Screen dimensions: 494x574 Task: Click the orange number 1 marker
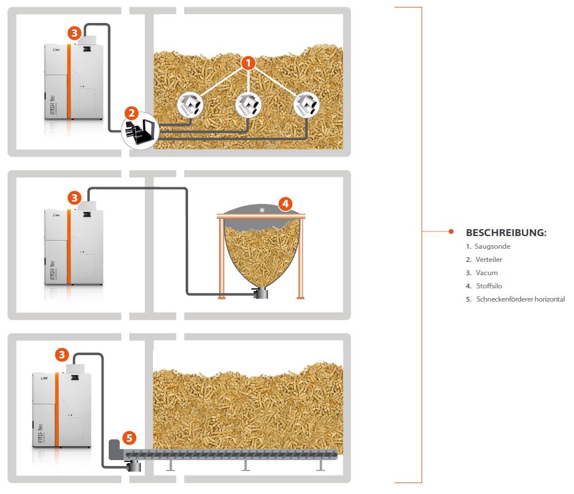click(248, 63)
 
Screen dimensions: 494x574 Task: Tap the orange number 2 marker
click(132, 114)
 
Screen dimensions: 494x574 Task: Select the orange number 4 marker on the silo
click(286, 203)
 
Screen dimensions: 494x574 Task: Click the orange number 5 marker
click(129, 438)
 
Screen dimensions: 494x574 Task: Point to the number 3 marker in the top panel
click(74, 33)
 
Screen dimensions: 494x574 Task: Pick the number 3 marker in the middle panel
click(74, 198)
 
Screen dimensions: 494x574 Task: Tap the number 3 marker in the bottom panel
click(62, 354)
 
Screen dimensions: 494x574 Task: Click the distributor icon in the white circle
click(139, 132)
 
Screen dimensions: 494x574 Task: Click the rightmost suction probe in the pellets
click(305, 105)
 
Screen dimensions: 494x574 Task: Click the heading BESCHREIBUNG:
click(506, 233)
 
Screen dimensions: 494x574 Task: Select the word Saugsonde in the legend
click(492, 246)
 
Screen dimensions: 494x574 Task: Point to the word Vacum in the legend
click(487, 273)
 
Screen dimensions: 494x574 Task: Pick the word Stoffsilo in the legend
click(489, 285)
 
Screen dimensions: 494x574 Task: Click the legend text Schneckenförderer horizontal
click(521, 299)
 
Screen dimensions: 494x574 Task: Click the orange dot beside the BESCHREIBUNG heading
click(451, 231)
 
